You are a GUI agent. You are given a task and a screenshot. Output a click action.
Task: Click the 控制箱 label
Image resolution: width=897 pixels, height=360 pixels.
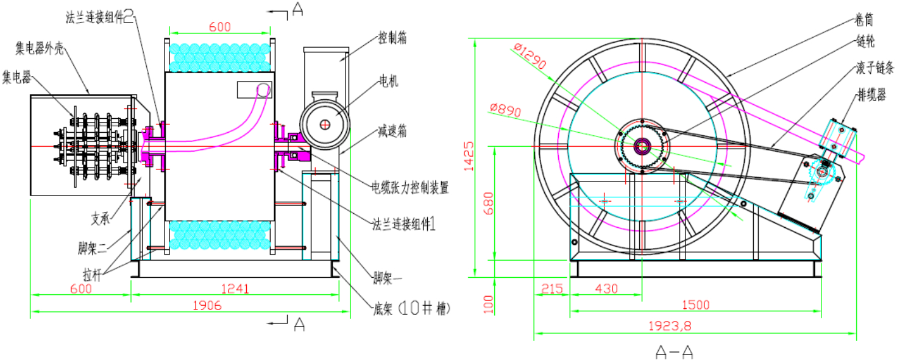tap(392, 38)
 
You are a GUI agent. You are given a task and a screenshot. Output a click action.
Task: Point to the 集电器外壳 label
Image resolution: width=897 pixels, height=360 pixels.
tap(40, 46)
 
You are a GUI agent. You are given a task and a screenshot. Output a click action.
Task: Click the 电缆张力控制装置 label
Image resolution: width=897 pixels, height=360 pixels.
tap(410, 188)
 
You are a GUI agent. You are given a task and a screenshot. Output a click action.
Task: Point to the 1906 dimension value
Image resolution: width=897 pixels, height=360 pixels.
tap(206, 305)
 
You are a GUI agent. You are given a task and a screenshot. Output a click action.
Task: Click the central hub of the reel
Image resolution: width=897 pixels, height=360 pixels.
tap(642, 146)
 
